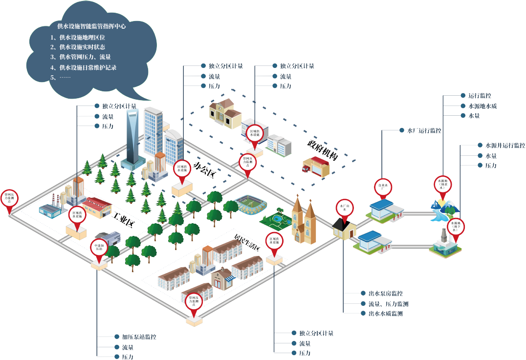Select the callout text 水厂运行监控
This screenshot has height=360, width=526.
pos(424,131)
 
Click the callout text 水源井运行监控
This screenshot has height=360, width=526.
pos(505,146)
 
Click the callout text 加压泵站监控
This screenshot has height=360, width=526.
pos(139,337)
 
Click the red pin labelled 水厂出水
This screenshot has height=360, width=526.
pos(344,208)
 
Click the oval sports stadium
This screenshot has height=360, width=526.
pos(249,205)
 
